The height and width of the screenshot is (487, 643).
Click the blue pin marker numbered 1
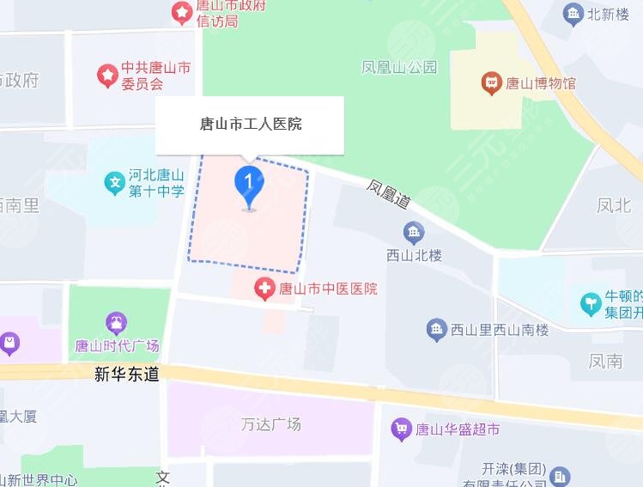pos(249,184)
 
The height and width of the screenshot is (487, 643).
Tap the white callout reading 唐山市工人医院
pos(249,125)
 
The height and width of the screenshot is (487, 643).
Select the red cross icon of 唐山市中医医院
pos(264,289)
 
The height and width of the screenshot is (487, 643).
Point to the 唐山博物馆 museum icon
pos(491,83)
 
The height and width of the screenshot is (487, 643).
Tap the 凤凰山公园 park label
pos(400,66)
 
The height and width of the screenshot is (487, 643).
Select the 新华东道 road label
pos(127,374)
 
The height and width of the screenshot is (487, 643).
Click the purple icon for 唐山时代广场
pos(116,323)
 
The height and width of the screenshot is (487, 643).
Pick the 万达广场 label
pos(270,424)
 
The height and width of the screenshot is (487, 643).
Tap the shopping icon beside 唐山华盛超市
pos(401,429)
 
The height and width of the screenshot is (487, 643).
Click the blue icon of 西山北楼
pos(414,232)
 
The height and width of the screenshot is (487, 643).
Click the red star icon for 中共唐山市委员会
pos(106,76)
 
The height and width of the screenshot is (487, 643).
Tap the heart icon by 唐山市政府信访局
pos(182,12)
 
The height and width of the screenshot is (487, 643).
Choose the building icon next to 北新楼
pos(573,13)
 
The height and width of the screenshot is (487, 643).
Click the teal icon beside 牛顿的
pos(591,302)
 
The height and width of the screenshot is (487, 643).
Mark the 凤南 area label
pos(606,361)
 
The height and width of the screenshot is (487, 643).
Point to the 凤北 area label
pos(615,205)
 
